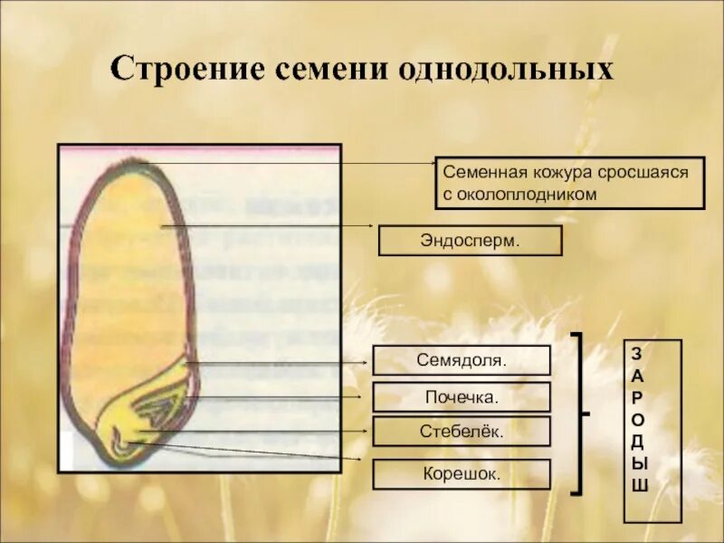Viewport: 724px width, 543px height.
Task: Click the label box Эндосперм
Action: point(470,241)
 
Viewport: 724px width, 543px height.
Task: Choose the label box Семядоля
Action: point(462,360)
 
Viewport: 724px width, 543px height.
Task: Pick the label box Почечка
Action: point(462,396)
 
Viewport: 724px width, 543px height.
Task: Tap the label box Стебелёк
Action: point(462,432)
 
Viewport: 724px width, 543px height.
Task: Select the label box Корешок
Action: point(462,473)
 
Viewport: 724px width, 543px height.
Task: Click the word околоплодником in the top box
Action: point(528,194)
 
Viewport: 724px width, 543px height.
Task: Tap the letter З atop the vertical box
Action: point(639,353)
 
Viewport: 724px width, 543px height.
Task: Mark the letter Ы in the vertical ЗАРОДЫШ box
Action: point(639,463)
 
